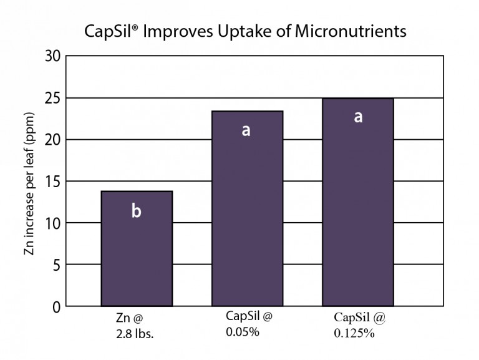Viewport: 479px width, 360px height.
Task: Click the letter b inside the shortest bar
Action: [x=136, y=212]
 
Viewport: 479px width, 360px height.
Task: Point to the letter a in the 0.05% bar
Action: [x=246, y=130]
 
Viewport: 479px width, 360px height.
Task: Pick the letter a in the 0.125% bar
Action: [x=358, y=117]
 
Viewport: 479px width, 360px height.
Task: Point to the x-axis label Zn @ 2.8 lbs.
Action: [x=135, y=326]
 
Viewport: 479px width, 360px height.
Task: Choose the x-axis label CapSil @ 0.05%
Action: [x=249, y=324]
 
